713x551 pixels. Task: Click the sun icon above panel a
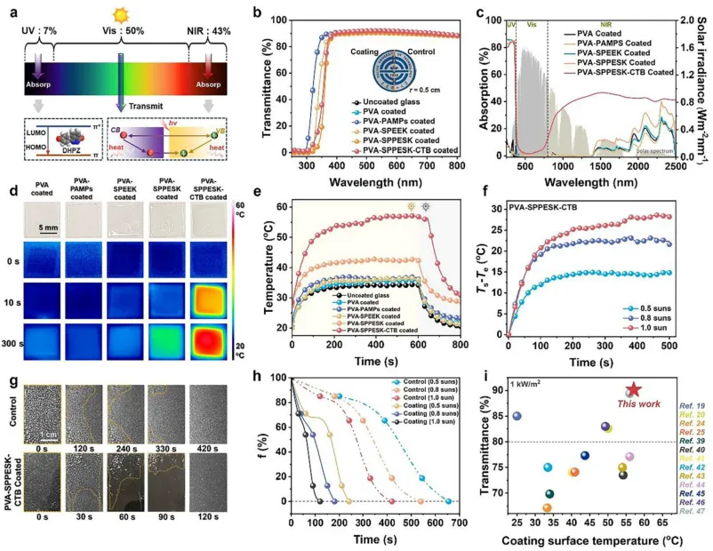119,17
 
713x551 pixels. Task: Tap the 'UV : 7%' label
36,32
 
